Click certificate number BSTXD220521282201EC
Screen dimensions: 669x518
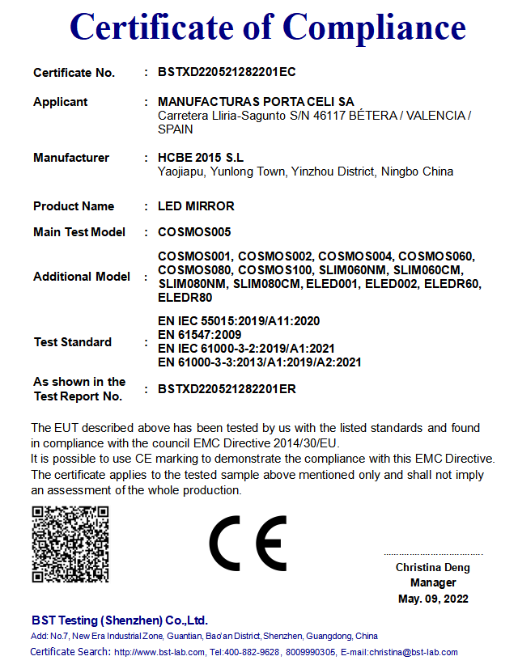coord(227,72)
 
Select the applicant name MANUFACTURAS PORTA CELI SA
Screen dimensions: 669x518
coord(256,102)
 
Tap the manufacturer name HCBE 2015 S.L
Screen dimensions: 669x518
coord(201,157)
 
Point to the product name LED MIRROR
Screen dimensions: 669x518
coord(196,205)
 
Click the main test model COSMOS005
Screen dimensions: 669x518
coord(194,232)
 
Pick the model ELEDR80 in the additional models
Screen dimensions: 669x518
coord(185,298)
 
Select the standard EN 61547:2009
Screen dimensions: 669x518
coord(199,334)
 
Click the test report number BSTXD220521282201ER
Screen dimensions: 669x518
coord(227,389)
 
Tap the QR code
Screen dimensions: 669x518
coord(70,544)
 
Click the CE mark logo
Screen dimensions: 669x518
coord(248,543)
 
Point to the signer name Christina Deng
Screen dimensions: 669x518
coord(432,567)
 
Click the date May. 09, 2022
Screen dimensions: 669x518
coord(433,599)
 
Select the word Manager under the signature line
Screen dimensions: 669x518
coord(433,582)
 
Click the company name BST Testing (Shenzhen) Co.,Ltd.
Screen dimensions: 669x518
coord(120,620)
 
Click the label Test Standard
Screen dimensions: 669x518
coord(73,342)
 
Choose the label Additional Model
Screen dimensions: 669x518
coord(82,277)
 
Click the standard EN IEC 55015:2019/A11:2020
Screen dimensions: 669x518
coord(239,320)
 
